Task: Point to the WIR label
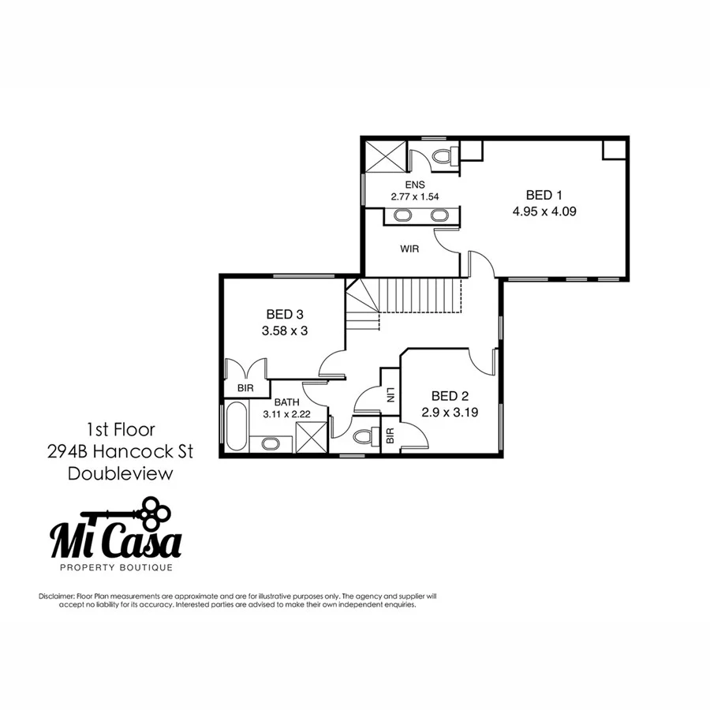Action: coord(409,248)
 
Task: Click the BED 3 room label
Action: coord(284,314)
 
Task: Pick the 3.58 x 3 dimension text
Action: coord(284,331)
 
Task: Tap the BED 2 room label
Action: coord(451,395)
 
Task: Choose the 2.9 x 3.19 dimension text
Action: coord(451,412)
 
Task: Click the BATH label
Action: coord(287,402)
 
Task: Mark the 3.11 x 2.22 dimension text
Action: coord(287,414)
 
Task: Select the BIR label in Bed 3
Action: coord(245,389)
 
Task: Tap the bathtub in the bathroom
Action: coord(235,427)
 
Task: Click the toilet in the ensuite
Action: coord(443,155)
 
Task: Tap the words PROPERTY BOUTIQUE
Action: coord(116,566)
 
